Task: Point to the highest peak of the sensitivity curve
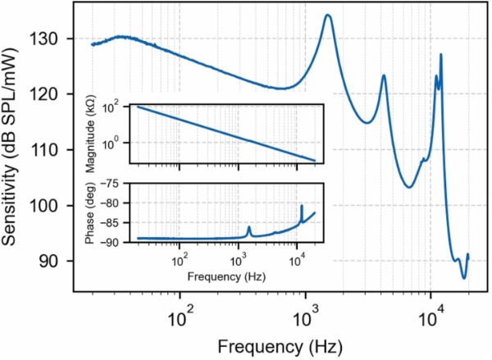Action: [328, 15]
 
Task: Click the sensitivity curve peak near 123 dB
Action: [384, 75]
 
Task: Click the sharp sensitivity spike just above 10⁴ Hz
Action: [441, 55]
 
